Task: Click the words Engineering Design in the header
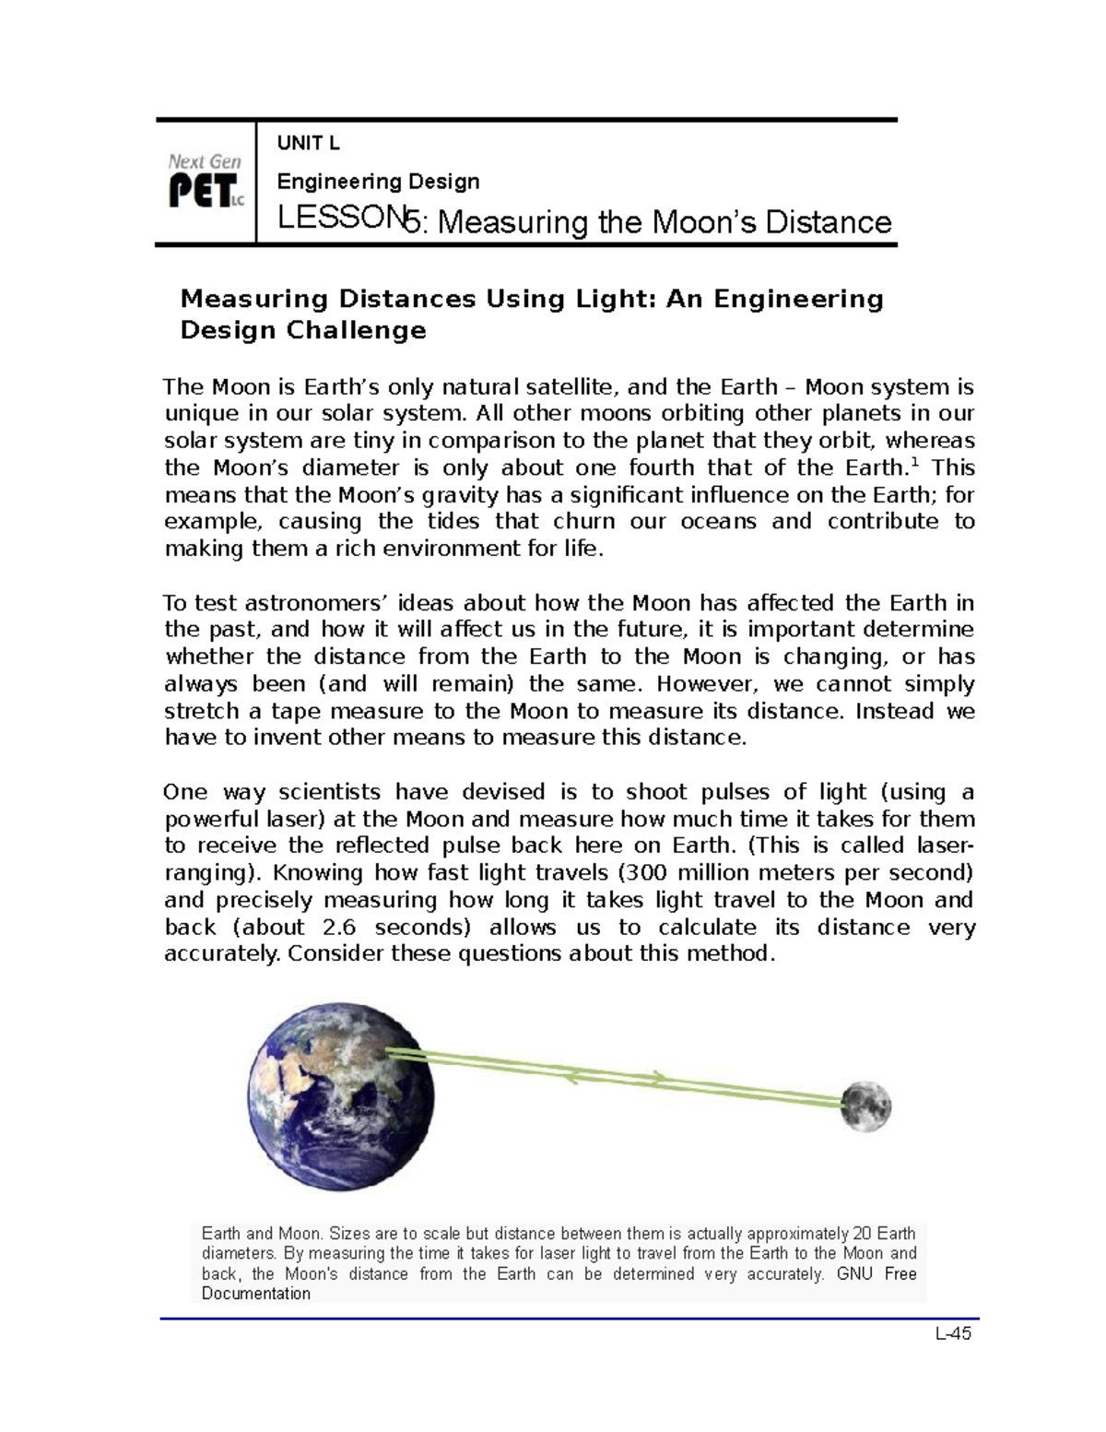click(x=379, y=182)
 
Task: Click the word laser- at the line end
click(x=945, y=846)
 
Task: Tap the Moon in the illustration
click(x=865, y=1106)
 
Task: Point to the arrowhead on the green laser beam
click(x=657, y=1076)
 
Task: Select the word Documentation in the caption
click(x=256, y=1294)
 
